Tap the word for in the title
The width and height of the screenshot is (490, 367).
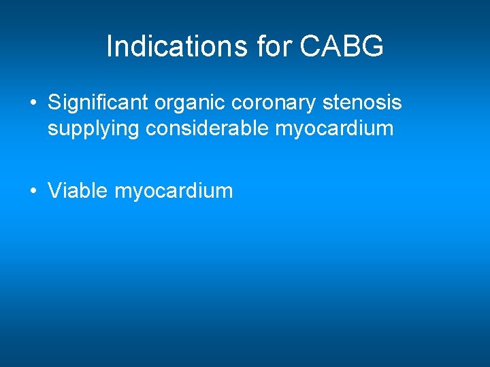(276, 47)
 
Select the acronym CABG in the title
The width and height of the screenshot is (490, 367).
(342, 47)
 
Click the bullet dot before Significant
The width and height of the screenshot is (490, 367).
(33, 104)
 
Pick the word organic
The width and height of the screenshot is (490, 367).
(191, 103)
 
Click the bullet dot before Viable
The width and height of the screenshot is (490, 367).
(33, 192)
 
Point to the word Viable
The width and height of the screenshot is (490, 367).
(78, 190)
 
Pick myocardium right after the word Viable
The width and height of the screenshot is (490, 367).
(174, 192)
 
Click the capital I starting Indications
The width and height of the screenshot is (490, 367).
(110, 47)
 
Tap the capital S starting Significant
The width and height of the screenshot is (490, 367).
(54, 103)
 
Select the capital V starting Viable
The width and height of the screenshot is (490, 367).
(54, 190)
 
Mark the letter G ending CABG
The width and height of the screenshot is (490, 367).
(373, 47)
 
